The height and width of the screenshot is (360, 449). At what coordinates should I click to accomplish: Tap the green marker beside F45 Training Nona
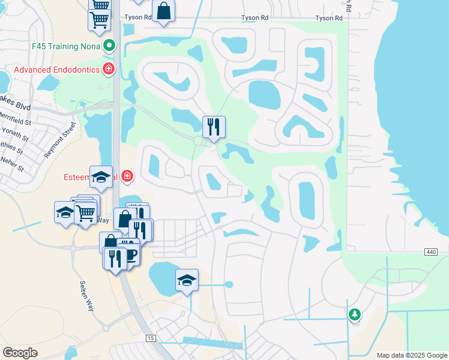pyautogui.click(x=109, y=46)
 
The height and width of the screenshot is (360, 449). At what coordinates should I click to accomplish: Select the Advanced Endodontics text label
pyautogui.click(x=55, y=70)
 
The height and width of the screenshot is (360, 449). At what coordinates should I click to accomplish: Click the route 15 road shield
pyautogui.click(x=150, y=339)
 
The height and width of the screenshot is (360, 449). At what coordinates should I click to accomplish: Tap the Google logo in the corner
pyautogui.click(x=20, y=353)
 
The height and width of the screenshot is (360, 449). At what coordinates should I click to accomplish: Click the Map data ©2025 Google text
pyautogui.click(x=411, y=355)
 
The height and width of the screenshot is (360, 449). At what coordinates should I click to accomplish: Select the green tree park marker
pyautogui.click(x=355, y=314)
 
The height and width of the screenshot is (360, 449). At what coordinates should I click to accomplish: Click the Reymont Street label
pyautogui.click(x=61, y=140)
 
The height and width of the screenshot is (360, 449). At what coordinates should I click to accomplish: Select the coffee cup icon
pyautogui.click(x=130, y=254)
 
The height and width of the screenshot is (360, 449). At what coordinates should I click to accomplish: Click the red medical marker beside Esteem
pyautogui.click(x=127, y=176)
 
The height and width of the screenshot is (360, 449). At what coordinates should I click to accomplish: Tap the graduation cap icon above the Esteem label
pyautogui.click(x=100, y=176)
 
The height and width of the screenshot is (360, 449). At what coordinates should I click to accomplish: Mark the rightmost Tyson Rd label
pyautogui.click(x=329, y=19)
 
